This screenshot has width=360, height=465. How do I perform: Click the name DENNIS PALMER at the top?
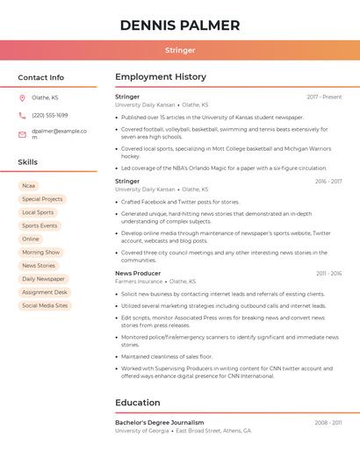180,25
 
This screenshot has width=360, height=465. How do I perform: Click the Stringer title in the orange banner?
180,50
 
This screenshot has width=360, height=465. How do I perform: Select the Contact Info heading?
40,77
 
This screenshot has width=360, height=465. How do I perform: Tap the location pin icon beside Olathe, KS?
23,98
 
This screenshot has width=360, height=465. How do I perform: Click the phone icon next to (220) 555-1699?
23,115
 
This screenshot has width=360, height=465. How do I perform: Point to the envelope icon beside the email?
23,134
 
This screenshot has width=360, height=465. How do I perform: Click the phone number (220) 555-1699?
49,115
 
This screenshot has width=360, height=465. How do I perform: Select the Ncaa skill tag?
29,186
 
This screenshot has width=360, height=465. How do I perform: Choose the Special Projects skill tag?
42,199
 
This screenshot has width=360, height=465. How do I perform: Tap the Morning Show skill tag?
40,252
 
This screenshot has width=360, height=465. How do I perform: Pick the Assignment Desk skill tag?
44,292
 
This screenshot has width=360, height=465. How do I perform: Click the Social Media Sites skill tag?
45,305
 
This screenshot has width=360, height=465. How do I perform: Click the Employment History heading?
161,77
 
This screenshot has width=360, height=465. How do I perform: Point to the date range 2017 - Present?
324,97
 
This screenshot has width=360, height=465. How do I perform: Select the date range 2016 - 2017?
328,182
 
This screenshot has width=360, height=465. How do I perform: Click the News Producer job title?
138,274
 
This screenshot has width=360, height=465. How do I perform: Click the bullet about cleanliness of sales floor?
167,356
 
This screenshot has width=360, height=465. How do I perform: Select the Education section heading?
138,403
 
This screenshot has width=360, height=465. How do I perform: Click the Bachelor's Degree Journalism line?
159,422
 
